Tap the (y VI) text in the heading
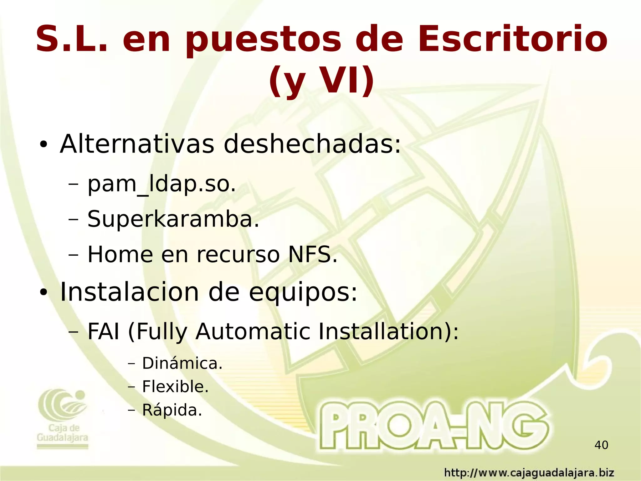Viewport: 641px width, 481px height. point(321,81)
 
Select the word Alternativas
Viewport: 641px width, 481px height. point(137,144)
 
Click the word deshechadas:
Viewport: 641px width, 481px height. point(312,144)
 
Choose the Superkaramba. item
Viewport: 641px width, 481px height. point(173,219)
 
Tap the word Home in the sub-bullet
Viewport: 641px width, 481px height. point(120,254)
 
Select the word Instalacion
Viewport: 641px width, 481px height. point(129,292)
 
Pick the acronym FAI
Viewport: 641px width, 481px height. point(103,331)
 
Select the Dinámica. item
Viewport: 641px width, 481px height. point(182,363)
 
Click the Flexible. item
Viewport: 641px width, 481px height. point(175,387)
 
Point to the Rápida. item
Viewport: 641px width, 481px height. point(172,410)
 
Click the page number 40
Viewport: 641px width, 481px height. point(601,445)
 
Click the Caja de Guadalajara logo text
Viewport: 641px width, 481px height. point(63,433)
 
